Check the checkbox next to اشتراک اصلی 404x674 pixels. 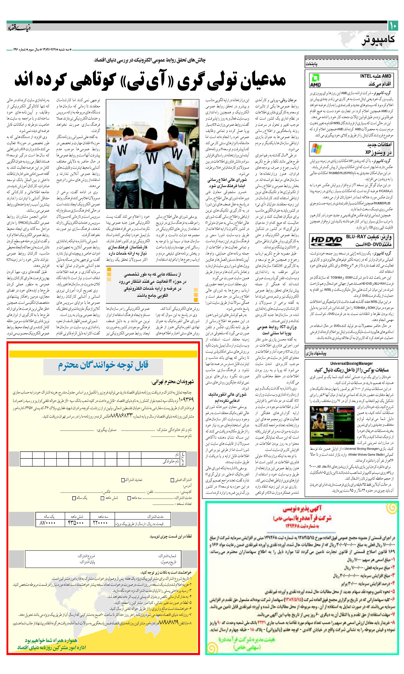click(x=172, y=480)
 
